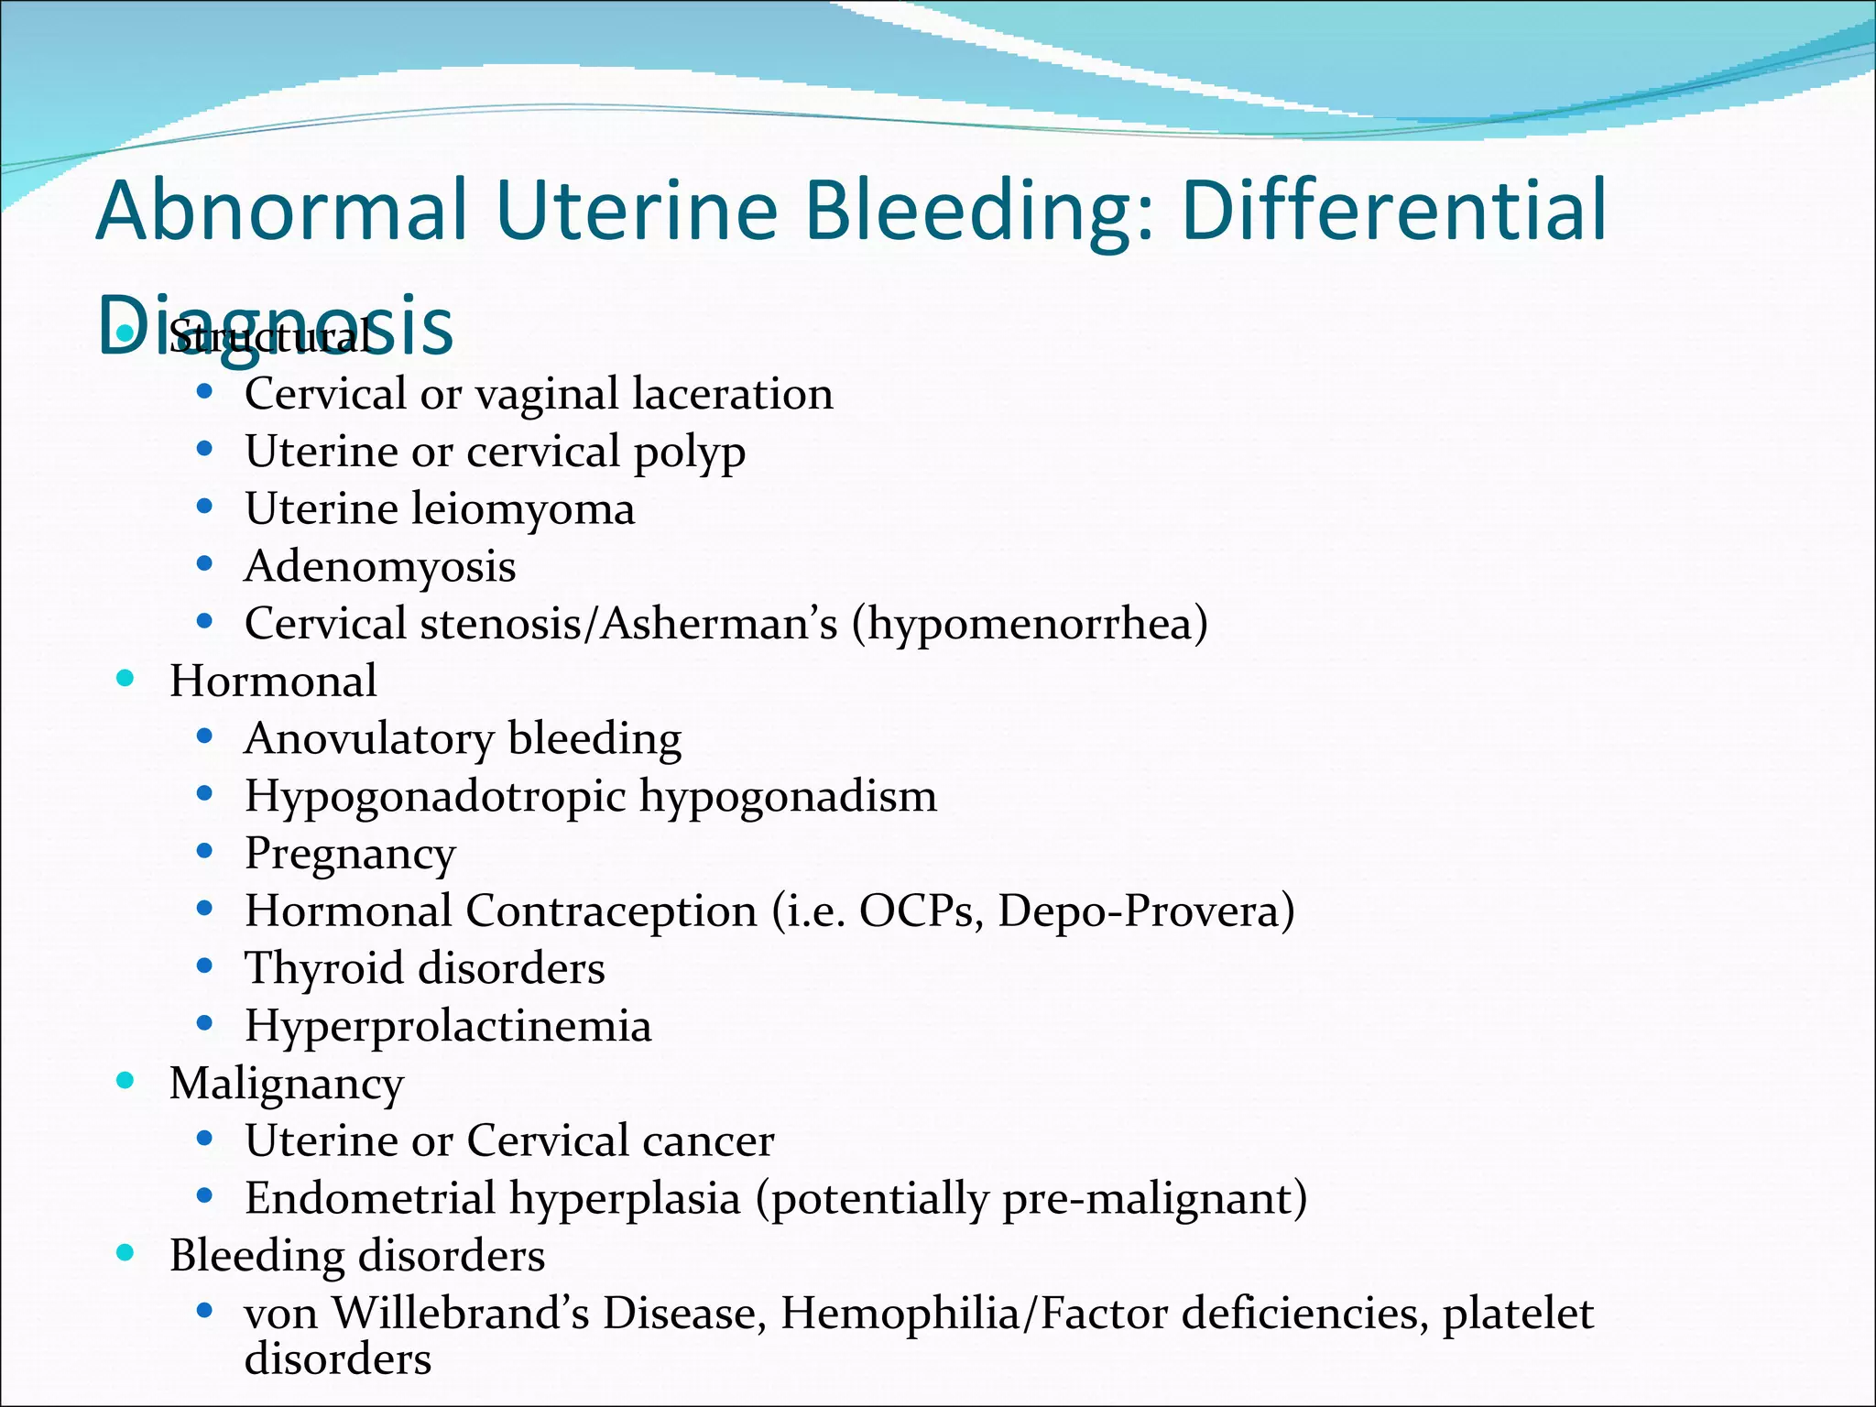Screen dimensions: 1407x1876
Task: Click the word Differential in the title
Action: pos(1394,211)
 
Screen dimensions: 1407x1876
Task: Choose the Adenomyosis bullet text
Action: pos(380,567)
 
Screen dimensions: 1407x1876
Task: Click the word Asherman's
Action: pos(718,624)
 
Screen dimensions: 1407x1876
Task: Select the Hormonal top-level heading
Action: pos(273,682)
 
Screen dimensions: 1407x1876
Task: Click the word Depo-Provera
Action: pos(1145,911)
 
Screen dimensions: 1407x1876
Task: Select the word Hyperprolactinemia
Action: pos(448,1026)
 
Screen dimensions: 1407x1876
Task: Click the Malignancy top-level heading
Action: pos(287,1085)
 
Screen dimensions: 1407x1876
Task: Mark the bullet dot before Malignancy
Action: pos(125,1080)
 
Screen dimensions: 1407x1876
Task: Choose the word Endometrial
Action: pos(369,1198)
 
